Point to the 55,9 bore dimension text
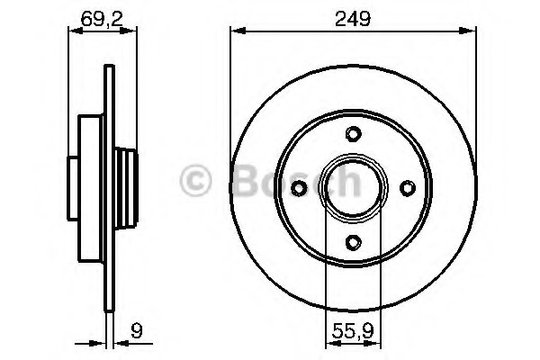coord(352,328)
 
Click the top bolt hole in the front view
coord(353,135)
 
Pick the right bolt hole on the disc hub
coord(406,187)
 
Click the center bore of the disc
coord(353,187)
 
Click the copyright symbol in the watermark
coord(198,180)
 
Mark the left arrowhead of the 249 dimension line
coord(237,31)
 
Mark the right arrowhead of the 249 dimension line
coord(469,31)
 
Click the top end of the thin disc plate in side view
coord(108,67)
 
